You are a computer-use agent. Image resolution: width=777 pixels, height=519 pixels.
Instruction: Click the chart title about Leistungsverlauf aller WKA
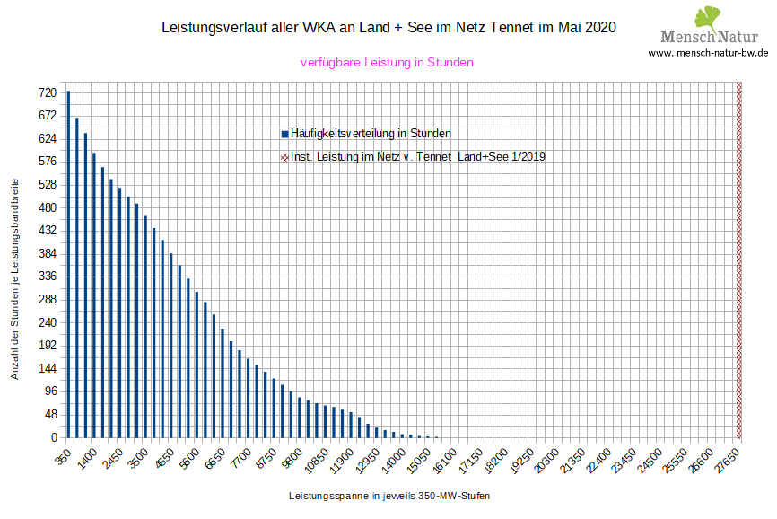(x=388, y=29)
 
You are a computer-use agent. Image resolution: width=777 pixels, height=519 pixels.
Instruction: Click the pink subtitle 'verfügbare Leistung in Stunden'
(x=386, y=63)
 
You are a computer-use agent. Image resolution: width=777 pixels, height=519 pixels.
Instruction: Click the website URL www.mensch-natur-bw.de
(x=708, y=53)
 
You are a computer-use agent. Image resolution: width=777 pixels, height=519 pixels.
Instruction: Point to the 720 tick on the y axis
(x=48, y=92)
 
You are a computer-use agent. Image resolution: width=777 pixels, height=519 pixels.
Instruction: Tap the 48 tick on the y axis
(x=50, y=414)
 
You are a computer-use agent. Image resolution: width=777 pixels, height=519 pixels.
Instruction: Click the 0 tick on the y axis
(x=54, y=437)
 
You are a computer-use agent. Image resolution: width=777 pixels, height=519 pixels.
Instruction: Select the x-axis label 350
(x=63, y=454)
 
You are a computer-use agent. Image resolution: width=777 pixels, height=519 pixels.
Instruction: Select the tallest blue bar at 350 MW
(x=68, y=264)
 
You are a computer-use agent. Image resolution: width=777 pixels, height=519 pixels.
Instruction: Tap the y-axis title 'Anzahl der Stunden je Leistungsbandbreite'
(x=15, y=277)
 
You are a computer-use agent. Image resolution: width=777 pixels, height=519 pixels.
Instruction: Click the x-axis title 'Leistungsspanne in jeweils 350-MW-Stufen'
(x=389, y=496)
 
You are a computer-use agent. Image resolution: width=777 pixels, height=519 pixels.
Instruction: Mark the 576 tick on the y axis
(x=48, y=162)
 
